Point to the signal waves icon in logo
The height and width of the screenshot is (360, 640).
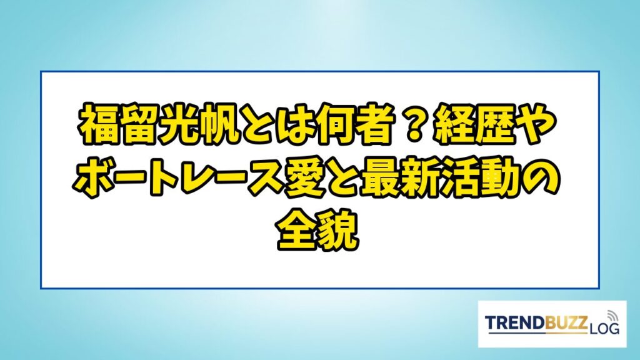pyautogui.click(x=612, y=316)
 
